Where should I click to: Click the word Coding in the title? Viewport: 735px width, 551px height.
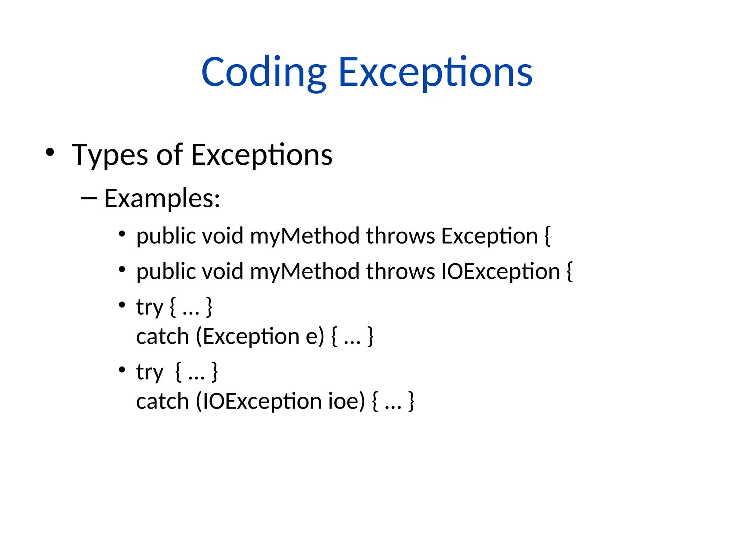coord(264,73)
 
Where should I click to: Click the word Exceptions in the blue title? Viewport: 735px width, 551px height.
coord(435,73)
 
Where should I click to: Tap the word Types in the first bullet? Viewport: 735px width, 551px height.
coord(109,155)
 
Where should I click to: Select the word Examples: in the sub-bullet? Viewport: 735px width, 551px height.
coord(162,198)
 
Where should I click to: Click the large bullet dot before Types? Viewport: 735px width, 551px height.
coord(50,152)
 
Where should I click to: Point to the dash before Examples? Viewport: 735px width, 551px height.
coord(89,198)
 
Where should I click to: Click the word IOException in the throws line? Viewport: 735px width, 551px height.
coord(500,271)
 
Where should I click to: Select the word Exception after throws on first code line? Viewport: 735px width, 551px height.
coord(489,236)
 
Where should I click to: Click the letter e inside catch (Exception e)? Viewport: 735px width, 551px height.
coord(312,337)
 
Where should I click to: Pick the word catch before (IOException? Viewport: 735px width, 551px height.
coord(163,401)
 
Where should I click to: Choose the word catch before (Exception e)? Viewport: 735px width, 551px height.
coord(163,337)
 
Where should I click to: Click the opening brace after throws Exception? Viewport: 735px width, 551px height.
coord(547,236)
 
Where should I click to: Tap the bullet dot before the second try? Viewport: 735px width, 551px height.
coord(122,369)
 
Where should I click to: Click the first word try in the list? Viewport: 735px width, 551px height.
coord(149,307)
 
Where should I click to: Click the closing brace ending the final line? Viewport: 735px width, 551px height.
coord(412,401)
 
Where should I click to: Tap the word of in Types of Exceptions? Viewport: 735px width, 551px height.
coord(169,155)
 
